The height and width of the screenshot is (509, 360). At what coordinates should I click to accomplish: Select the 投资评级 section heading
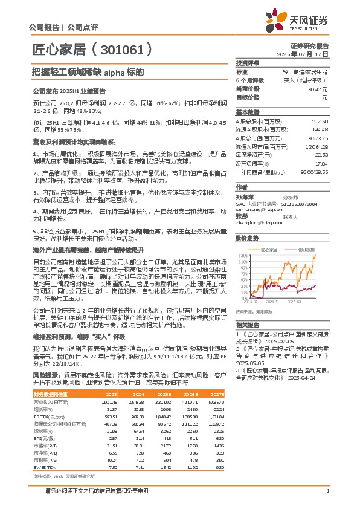point(248,63)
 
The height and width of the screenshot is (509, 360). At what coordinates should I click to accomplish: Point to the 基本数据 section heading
point(248,112)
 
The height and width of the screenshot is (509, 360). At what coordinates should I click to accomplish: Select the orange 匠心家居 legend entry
point(268,232)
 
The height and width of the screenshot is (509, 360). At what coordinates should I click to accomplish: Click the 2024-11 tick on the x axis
point(273,301)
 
